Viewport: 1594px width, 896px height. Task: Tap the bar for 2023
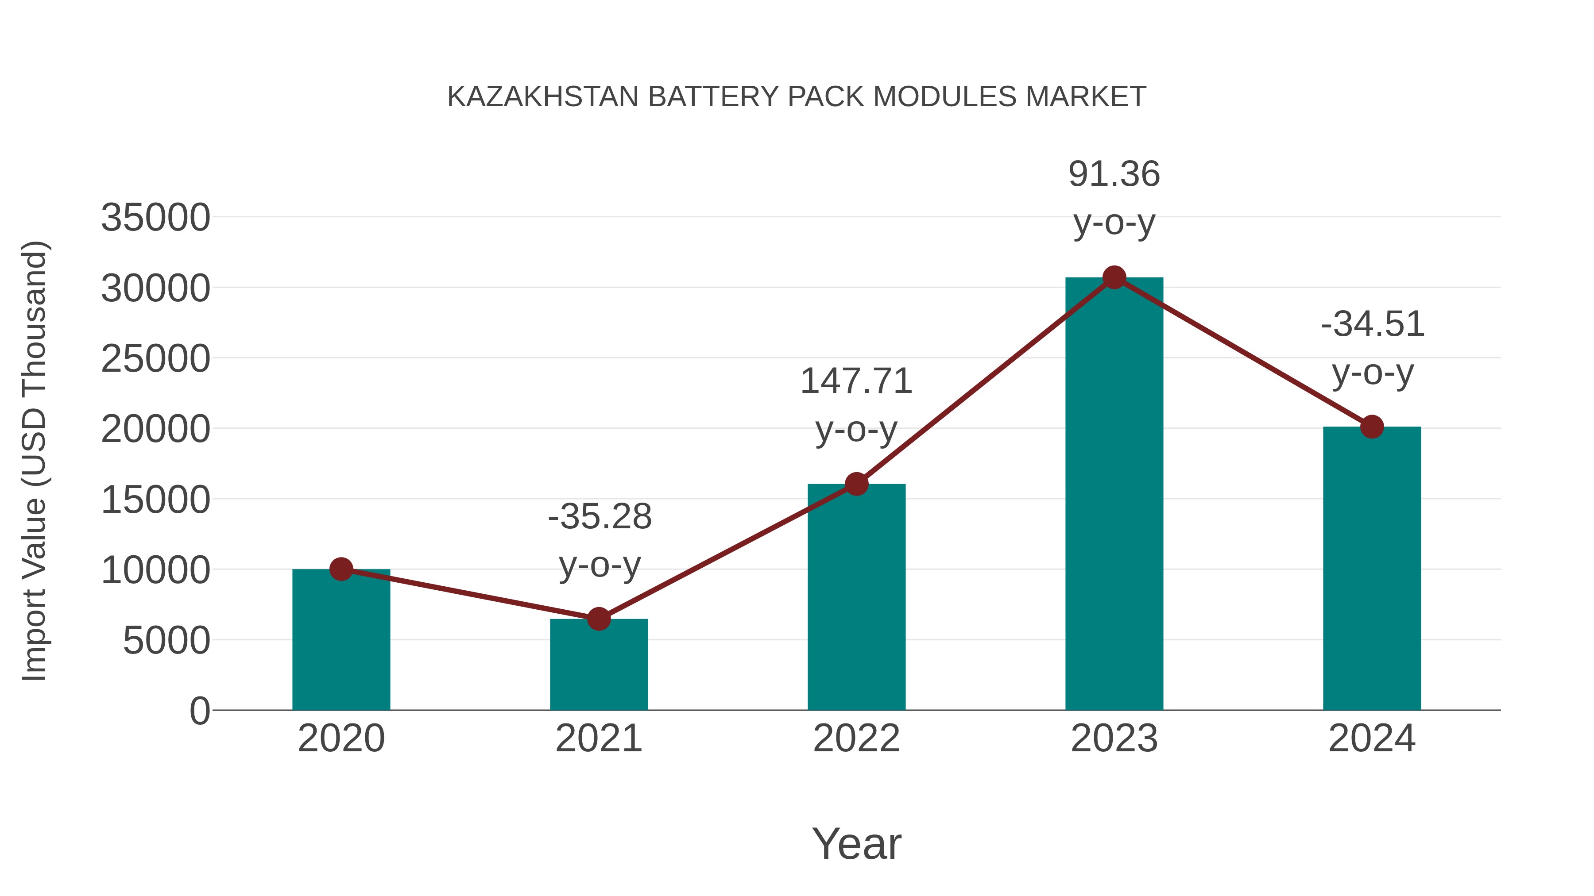click(1114, 495)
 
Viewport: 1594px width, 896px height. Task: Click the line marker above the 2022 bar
click(856, 484)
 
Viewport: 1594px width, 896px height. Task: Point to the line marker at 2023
click(1114, 277)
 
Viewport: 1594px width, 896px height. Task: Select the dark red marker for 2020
click(341, 569)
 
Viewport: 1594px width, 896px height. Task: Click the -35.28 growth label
click(600, 516)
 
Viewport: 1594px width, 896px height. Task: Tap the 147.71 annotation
click(856, 381)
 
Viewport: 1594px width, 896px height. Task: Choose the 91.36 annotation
click(1114, 174)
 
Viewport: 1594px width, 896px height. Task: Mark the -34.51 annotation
click(1373, 324)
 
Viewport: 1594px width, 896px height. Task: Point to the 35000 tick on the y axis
click(155, 218)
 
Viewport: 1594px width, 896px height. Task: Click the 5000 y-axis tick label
click(166, 641)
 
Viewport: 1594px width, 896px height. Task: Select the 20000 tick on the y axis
click(155, 429)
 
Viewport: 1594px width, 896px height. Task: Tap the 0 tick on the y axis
click(199, 711)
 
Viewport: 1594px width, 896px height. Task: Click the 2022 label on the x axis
click(856, 738)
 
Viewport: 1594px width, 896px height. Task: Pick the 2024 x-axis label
click(1372, 738)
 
